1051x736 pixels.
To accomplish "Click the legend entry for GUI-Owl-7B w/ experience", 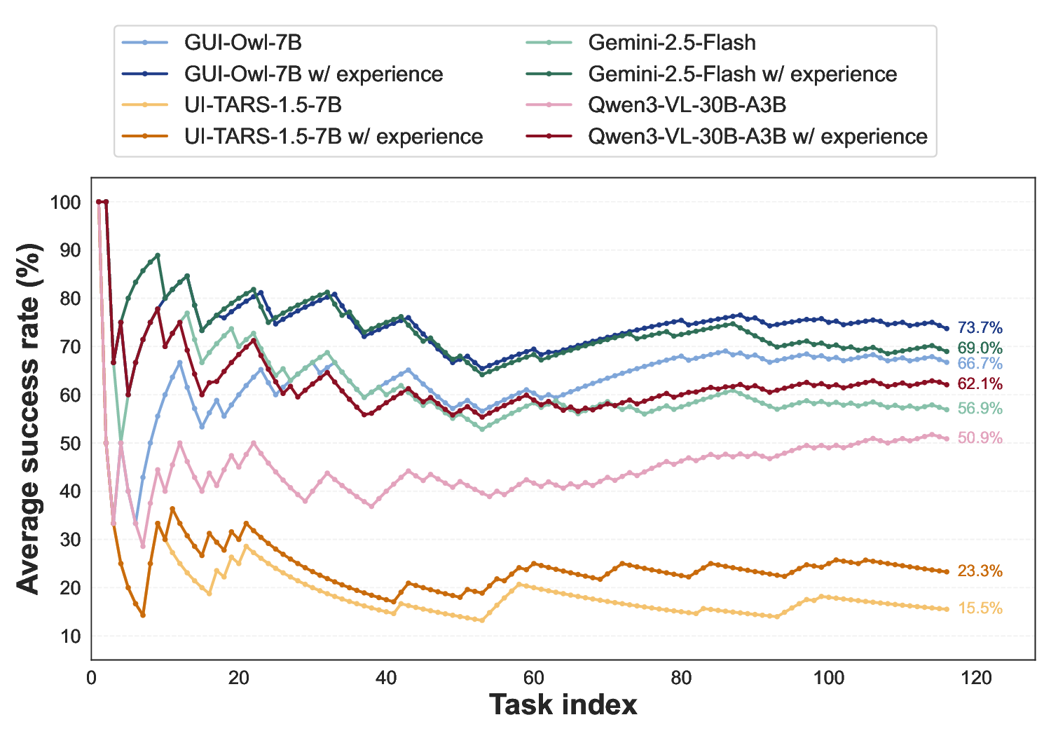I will pos(313,74).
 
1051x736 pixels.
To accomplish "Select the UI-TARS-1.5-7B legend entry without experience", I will pos(263,105).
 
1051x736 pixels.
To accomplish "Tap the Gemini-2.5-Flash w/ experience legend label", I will pos(742,74).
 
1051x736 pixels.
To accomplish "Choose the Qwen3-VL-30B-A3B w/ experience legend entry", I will pos(757,136).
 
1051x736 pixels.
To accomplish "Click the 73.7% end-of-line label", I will pos(980,328).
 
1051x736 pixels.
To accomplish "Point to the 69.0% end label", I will pos(980,348).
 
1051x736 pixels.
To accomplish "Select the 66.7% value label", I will pos(980,364).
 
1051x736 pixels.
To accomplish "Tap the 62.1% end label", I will pos(980,384).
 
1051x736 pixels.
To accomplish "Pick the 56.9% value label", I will pos(980,409).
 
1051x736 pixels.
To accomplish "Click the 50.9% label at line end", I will pos(980,438).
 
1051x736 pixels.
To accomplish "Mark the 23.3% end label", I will pos(980,571).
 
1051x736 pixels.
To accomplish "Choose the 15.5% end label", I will pos(980,608).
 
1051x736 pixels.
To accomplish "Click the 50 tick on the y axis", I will pos(70,444).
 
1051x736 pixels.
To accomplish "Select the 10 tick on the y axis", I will pos(70,636).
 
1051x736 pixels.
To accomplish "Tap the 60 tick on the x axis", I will pos(534,678).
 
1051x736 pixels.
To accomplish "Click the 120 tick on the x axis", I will pos(977,678).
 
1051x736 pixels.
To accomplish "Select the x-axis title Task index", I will pos(563,704).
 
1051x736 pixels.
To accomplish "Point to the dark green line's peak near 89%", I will pos(158,255).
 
